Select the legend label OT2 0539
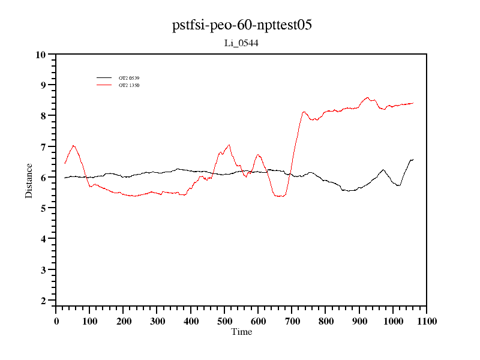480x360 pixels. click(x=129, y=78)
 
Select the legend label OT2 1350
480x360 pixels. click(x=129, y=85)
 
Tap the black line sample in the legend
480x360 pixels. click(x=104, y=78)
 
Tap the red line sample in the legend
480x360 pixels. click(x=104, y=85)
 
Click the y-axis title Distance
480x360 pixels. click(x=29, y=180)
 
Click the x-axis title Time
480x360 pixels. click(x=242, y=332)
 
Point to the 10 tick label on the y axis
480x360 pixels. click(x=41, y=55)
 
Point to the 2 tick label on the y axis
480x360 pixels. click(x=43, y=301)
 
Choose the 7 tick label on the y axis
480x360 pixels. click(x=43, y=147)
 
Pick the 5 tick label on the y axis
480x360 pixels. click(x=43, y=208)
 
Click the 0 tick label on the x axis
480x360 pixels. click(x=56, y=321)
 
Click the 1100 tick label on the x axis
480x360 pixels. click(x=426, y=321)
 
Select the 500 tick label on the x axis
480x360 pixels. click(x=224, y=321)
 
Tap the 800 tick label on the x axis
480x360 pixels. click(x=325, y=321)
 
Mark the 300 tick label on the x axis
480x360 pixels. click(x=157, y=321)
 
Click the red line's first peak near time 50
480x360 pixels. click(x=73, y=145)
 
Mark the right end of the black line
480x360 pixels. click(x=413, y=159)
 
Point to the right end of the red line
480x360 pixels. click(x=413, y=103)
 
